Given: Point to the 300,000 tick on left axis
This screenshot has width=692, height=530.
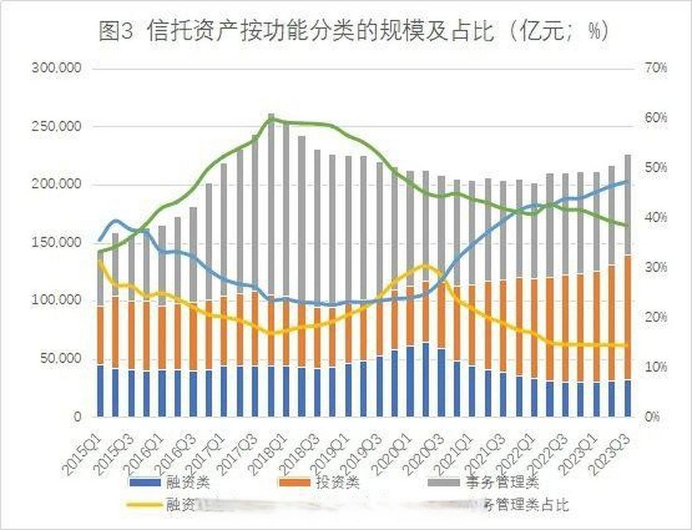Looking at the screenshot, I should [56, 68].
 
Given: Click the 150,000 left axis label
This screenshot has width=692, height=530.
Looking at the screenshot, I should [56, 242].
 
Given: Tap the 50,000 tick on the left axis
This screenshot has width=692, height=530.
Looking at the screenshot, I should [59, 358].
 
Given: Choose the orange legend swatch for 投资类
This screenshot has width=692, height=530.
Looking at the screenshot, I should [299, 482].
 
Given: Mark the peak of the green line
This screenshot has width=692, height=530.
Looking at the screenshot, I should [272, 118].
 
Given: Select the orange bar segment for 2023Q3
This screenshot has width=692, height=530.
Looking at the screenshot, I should [627, 317].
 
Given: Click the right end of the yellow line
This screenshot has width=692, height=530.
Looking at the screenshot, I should [627, 344].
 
